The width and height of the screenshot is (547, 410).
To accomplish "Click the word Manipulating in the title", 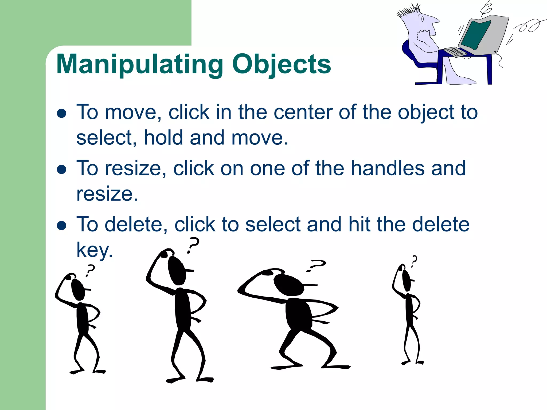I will (x=140, y=64).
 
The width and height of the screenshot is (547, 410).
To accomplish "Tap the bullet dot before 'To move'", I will (x=62, y=113).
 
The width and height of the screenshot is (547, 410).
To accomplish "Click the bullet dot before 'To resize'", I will (x=62, y=169).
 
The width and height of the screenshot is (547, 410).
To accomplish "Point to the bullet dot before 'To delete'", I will (x=62, y=225).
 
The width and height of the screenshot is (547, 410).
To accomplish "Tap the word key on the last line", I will (x=94, y=250).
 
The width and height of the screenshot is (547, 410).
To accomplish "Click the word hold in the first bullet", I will (x=163, y=138).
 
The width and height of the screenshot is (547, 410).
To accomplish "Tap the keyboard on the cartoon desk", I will (x=456, y=52).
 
